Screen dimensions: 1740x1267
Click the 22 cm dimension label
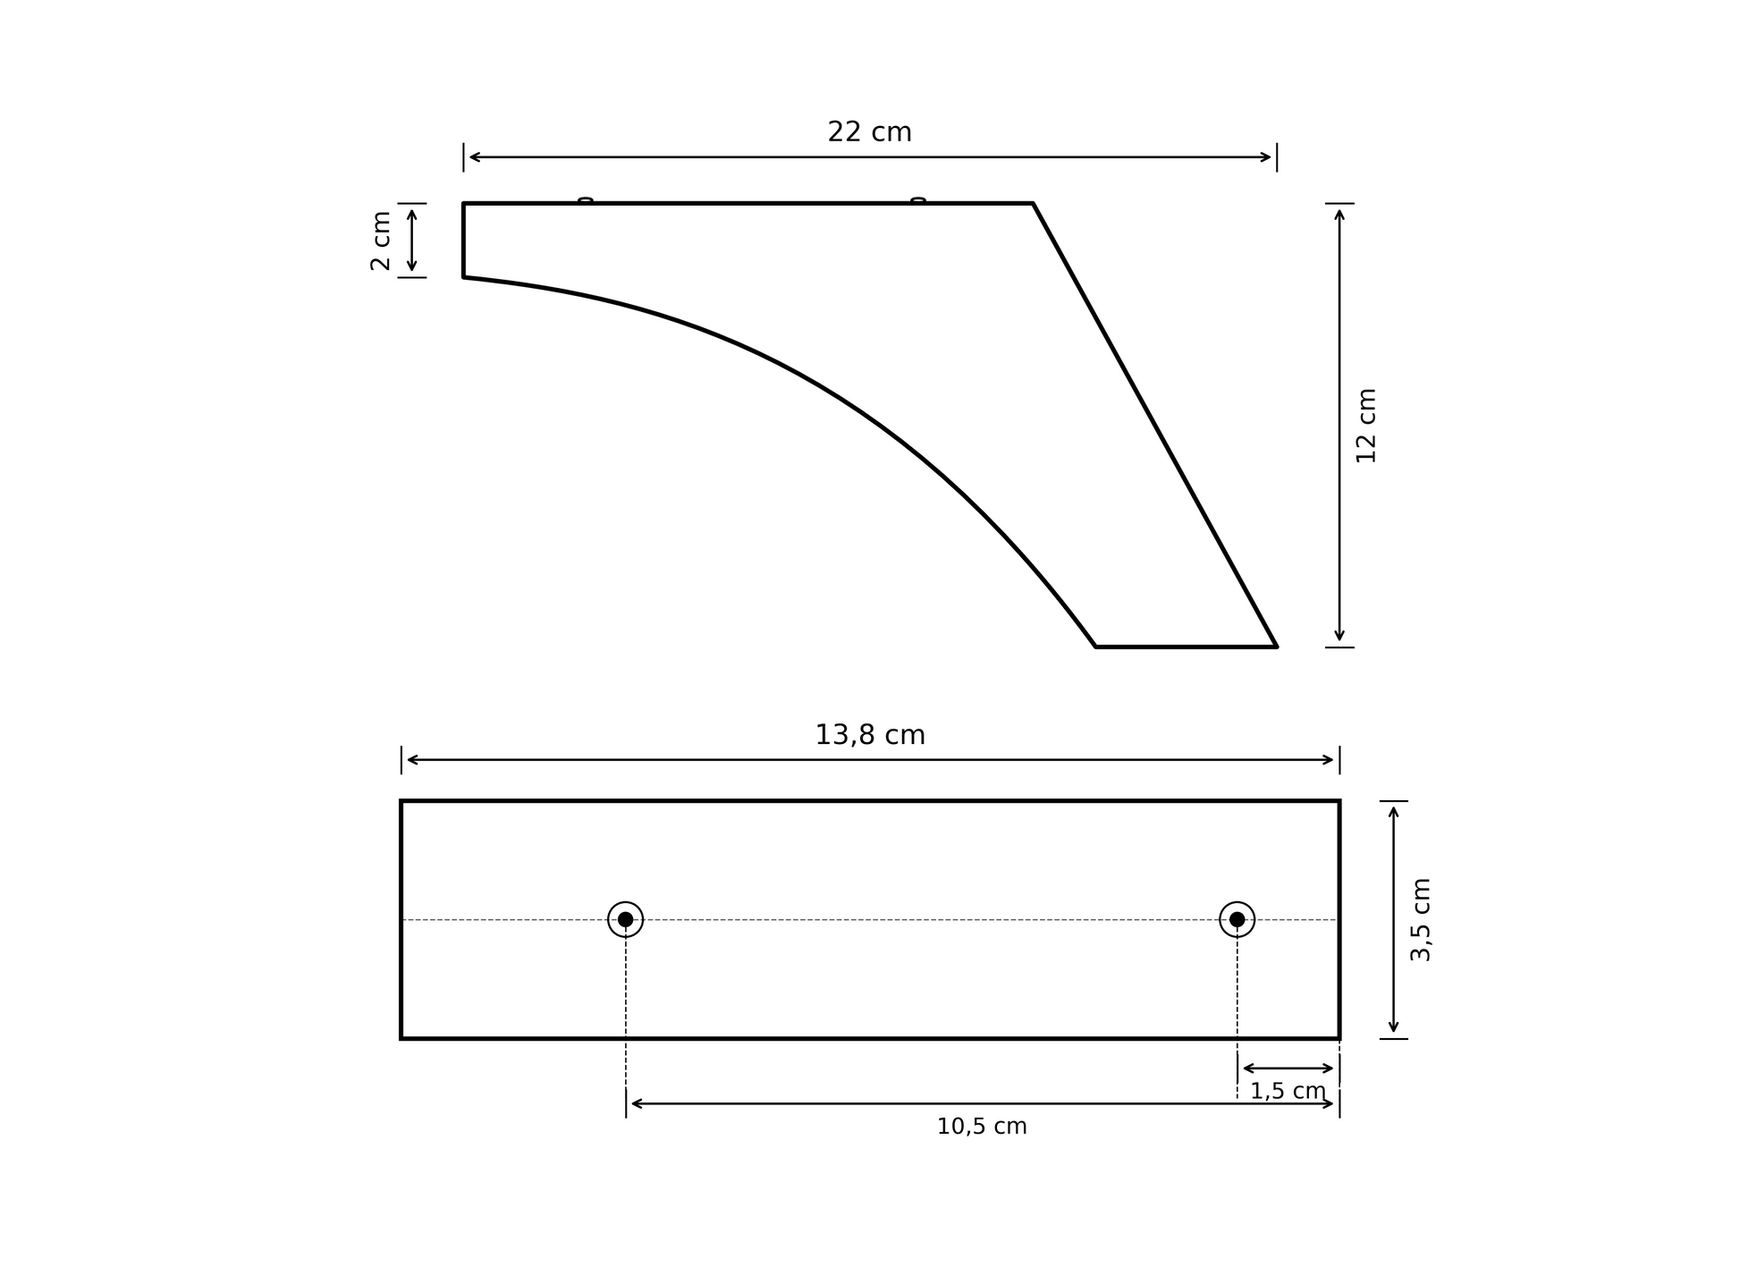[x=869, y=132]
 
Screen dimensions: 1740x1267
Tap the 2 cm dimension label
[x=381, y=241]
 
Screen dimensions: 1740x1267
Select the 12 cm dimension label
[x=1366, y=426]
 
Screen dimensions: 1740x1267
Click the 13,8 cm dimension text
[x=869, y=735]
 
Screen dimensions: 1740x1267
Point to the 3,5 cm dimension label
[x=1421, y=920]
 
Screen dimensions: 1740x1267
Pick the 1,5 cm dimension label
[x=1288, y=1091]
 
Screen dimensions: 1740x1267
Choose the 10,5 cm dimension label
[x=982, y=1127]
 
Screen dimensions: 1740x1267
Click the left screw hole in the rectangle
[x=625, y=919]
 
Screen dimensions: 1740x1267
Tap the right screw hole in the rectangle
[x=1237, y=919]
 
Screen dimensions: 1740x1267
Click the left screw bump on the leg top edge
[x=586, y=200]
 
